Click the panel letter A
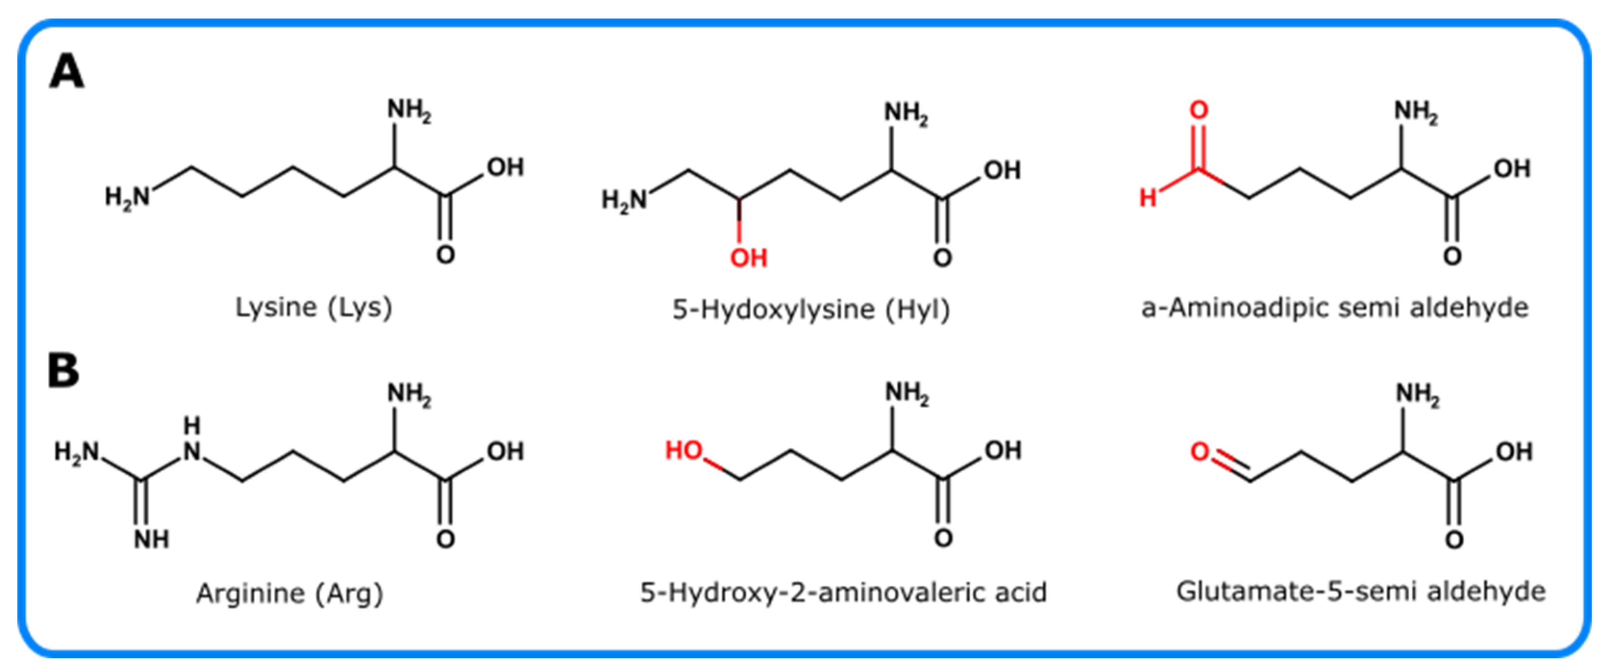66,72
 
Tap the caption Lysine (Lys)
314,307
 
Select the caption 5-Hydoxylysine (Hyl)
811,309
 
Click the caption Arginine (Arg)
290,593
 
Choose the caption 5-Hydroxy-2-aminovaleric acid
843,592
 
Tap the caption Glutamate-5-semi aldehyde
1361,591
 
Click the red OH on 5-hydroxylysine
748,258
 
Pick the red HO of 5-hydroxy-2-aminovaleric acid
684,450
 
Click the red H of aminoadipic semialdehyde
1148,198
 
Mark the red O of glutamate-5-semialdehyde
1200,452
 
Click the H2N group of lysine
127,198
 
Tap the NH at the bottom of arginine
151,540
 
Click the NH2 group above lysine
409,111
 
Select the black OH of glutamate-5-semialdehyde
1514,452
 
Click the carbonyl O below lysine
445,254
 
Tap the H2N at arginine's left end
76,452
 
